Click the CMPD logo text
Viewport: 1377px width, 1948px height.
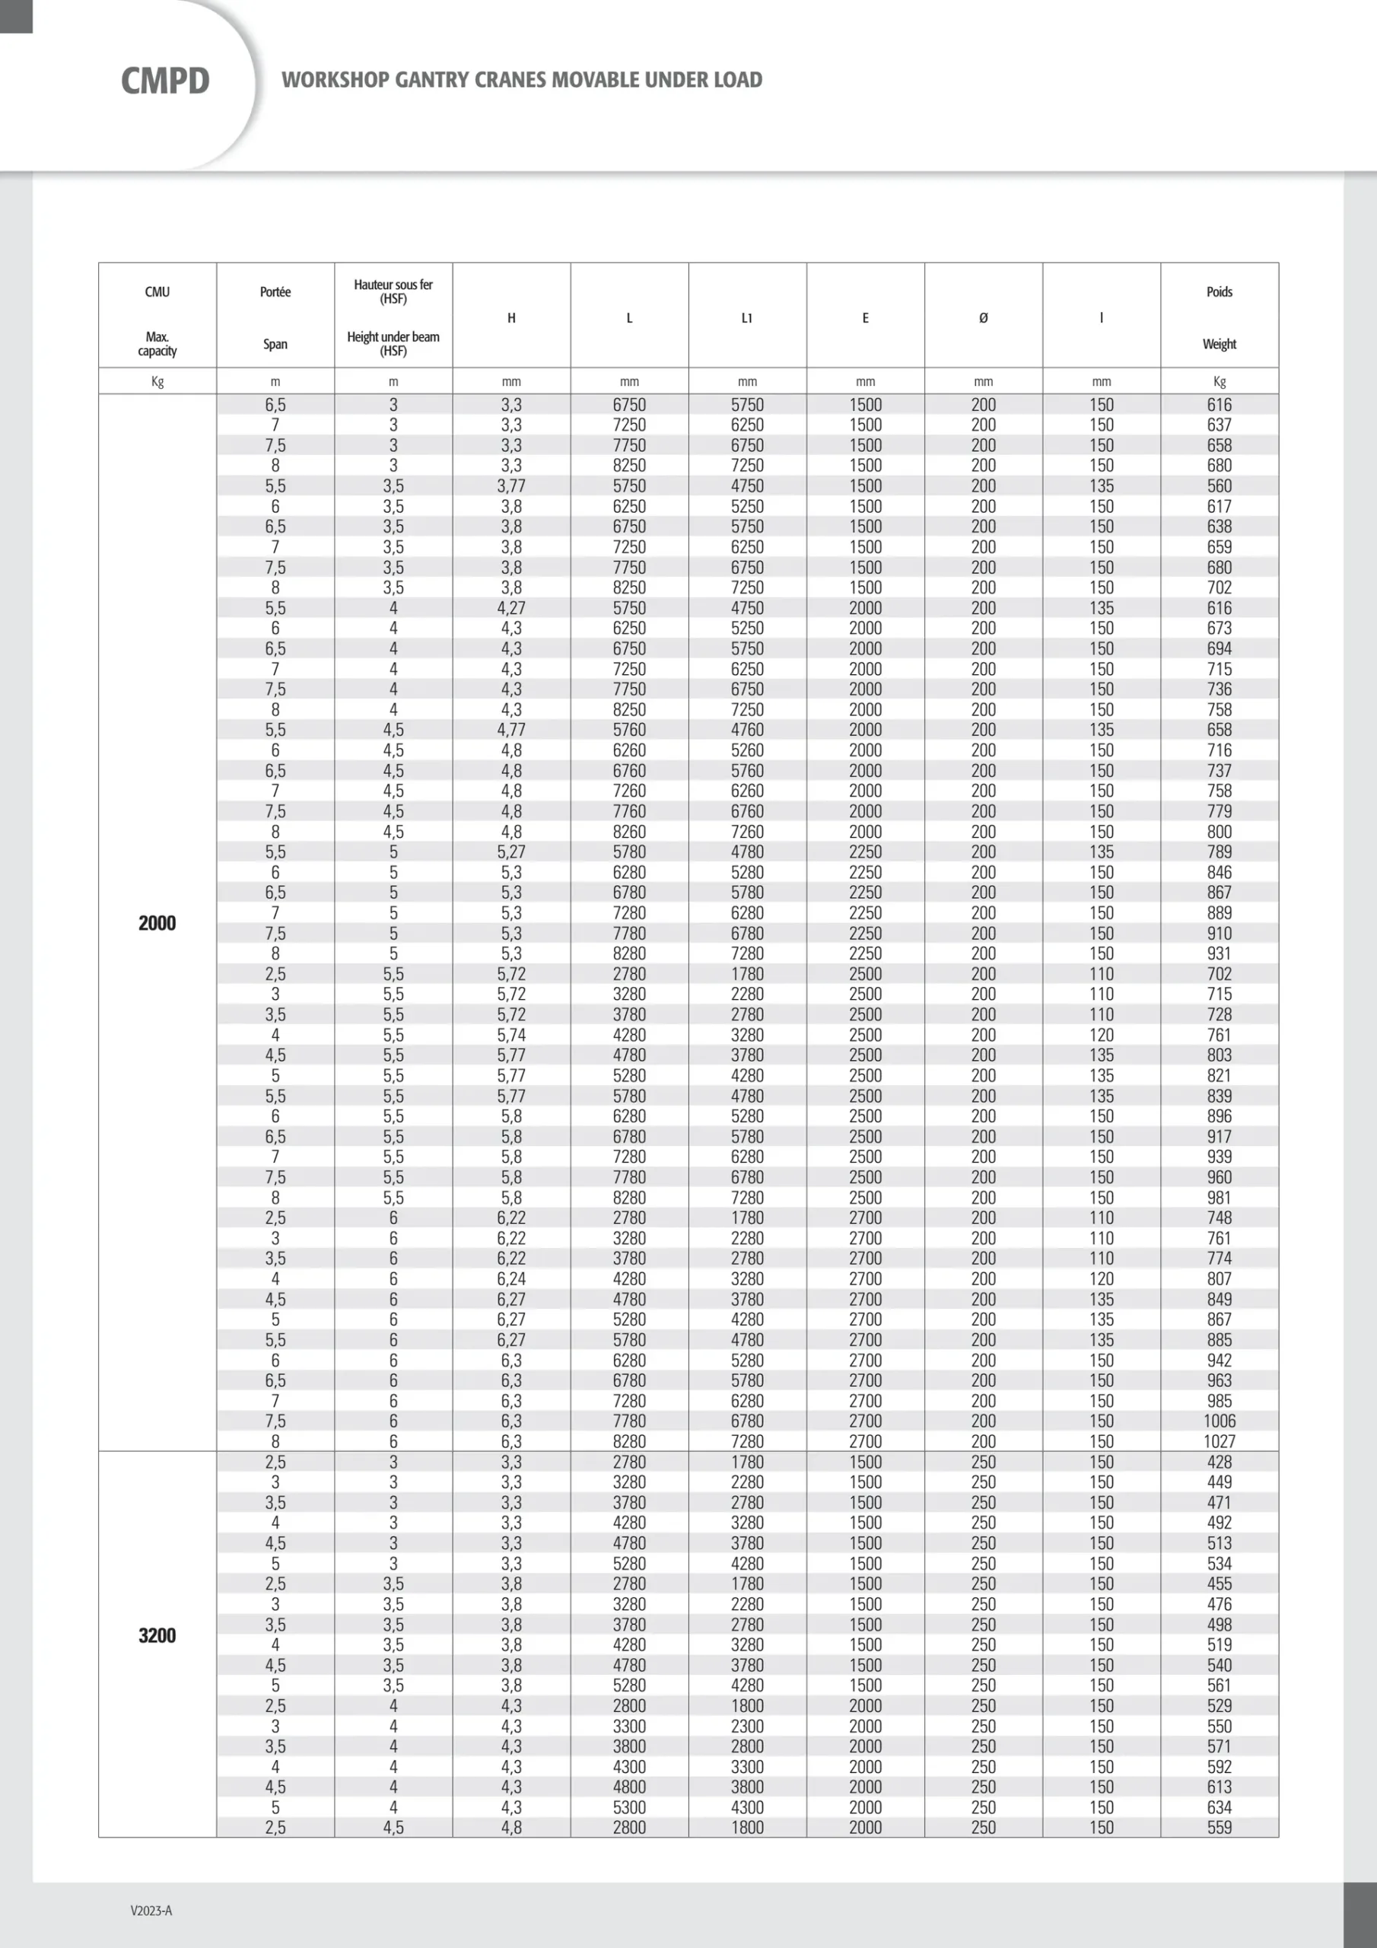[165, 81]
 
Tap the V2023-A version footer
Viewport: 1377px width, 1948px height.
[151, 1910]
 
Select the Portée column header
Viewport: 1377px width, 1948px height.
[275, 292]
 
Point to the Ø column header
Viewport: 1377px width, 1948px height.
[984, 318]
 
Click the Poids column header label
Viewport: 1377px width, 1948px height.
[1220, 292]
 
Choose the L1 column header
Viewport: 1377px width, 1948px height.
[746, 318]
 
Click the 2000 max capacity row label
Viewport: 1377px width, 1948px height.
[157, 923]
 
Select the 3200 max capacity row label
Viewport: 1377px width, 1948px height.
[157, 1636]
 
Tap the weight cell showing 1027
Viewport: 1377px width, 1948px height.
[1220, 1441]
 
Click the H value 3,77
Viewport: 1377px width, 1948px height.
[510, 486]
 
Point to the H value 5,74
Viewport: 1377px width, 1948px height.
[510, 1035]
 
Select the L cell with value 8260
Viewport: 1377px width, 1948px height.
[628, 832]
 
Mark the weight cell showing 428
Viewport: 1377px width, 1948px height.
[1220, 1462]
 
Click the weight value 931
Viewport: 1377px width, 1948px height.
[1220, 953]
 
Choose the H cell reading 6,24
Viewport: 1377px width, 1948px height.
[510, 1278]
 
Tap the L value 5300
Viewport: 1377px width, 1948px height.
[628, 1807]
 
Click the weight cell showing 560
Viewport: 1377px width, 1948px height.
[1220, 486]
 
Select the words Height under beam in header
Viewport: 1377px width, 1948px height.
[393, 337]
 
